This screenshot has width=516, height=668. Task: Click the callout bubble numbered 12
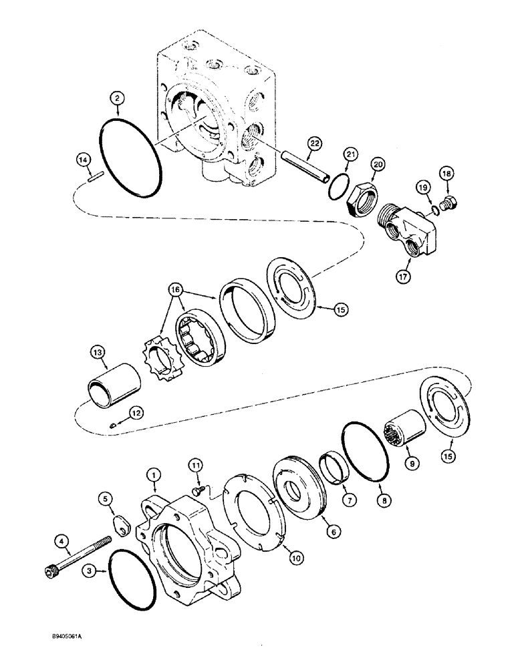136,413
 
